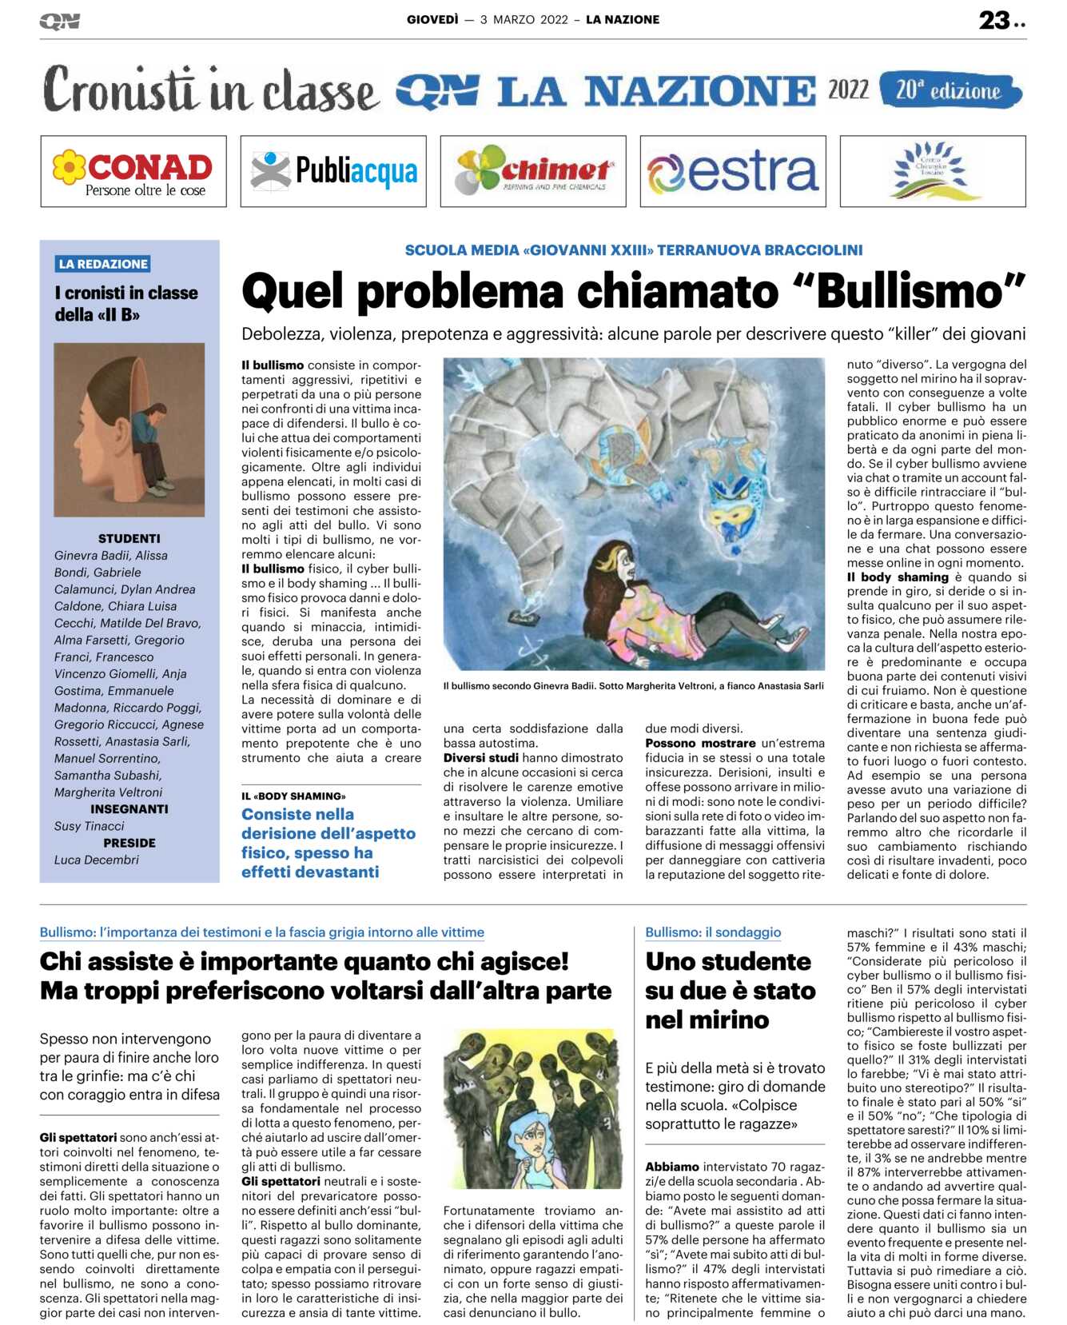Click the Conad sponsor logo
pos(133,171)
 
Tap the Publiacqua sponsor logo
pos(333,171)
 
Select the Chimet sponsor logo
pos(533,171)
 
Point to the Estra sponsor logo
pos(733,171)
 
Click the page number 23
pos(994,20)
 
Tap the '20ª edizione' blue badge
pos(949,90)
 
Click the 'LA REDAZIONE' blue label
pos(103,264)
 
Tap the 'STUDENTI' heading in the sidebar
pos(129,538)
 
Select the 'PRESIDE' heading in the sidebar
pos(129,843)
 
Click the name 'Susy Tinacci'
pos(90,826)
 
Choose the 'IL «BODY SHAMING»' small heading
pos(293,796)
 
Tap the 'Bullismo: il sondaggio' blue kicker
pos(713,932)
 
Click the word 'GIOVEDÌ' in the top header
pos(432,20)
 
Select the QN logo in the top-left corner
pos(60,22)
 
